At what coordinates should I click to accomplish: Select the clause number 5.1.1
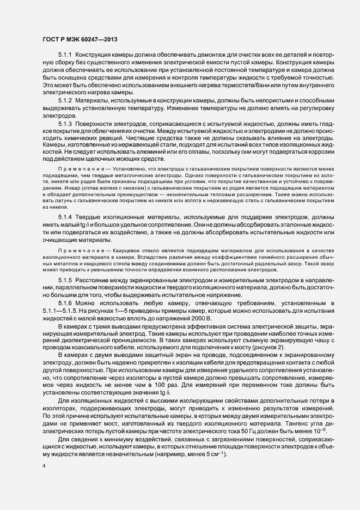coord(65,56)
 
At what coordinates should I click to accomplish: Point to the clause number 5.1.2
coord(65,102)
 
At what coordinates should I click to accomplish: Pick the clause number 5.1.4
coord(65,217)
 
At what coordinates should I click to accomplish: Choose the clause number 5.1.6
coord(65,302)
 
